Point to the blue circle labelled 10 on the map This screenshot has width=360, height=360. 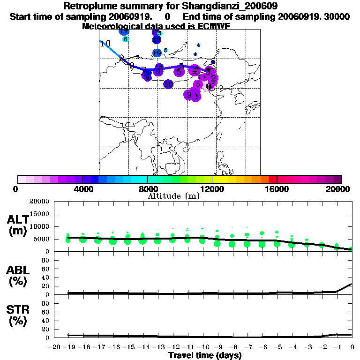click(168, 84)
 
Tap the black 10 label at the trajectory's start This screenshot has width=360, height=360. click(105, 44)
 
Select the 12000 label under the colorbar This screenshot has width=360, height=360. click(212, 189)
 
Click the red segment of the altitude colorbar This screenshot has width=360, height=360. click(273, 179)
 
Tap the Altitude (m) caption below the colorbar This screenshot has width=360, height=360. click(173, 196)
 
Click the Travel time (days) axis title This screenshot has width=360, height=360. click(204, 355)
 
